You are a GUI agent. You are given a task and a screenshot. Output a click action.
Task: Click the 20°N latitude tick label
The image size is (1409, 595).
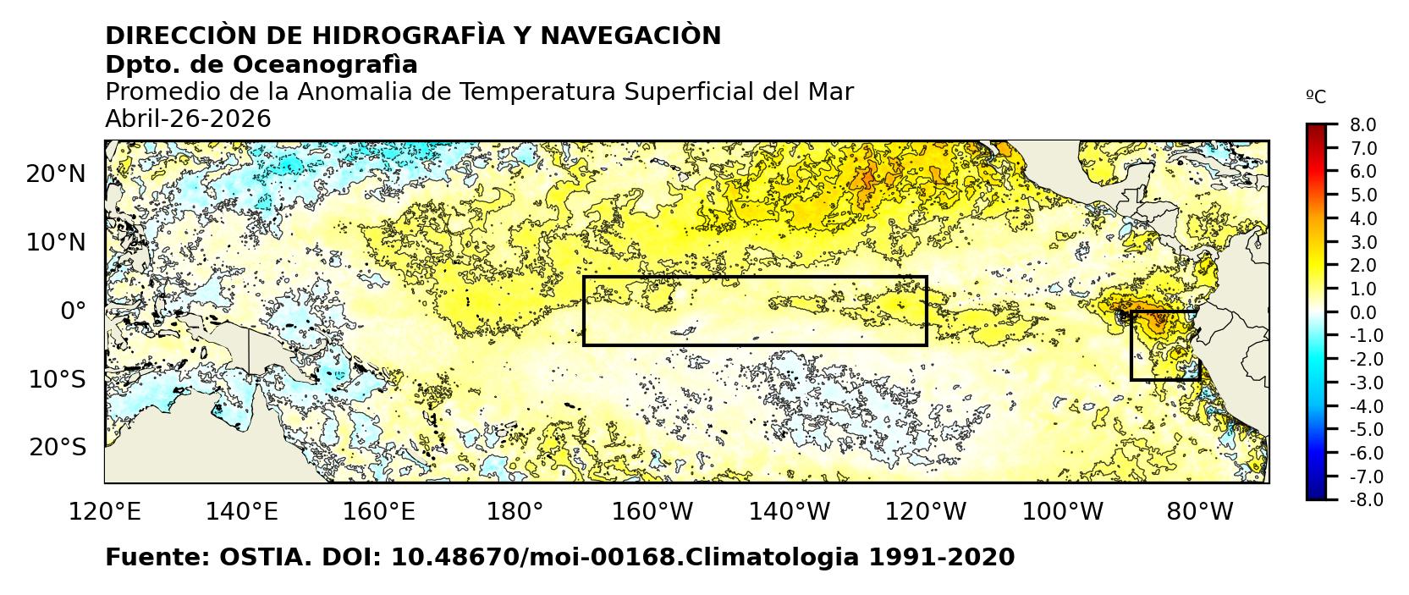pyautogui.click(x=56, y=174)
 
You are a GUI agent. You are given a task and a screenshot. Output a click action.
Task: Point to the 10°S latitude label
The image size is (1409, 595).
pyautogui.click(x=57, y=379)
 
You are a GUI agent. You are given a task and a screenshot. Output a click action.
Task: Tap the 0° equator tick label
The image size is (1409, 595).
pyautogui.click(x=73, y=311)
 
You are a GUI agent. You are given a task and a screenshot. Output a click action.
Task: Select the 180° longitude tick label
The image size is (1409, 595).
pyautogui.click(x=515, y=512)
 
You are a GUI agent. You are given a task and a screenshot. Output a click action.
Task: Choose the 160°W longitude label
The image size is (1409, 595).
pyautogui.click(x=652, y=512)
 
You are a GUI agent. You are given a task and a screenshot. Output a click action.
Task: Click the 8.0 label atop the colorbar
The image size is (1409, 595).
pyautogui.click(x=1362, y=125)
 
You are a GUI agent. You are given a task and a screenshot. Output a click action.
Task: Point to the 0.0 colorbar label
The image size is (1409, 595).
pyautogui.click(x=1362, y=313)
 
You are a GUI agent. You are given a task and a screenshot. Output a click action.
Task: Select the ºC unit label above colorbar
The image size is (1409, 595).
pyautogui.click(x=1316, y=97)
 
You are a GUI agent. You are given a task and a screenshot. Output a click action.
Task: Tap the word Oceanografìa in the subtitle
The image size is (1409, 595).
pyautogui.click(x=325, y=64)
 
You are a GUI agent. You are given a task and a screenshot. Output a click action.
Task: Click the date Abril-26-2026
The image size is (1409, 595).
pyautogui.click(x=188, y=119)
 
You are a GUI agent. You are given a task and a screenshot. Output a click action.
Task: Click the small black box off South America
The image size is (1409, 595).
pyautogui.click(x=1164, y=345)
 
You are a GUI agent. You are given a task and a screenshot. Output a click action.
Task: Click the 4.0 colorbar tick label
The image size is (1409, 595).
pyautogui.click(x=1362, y=219)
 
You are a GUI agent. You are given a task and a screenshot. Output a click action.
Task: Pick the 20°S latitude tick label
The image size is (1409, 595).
pyautogui.click(x=57, y=447)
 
